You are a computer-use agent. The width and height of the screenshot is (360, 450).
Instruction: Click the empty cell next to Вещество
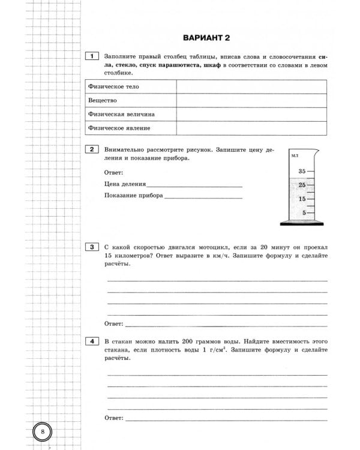click(251, 100)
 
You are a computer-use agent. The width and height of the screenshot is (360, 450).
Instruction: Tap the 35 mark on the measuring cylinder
click(302, 172)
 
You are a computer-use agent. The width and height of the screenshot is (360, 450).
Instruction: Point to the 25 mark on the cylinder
click(302, 185)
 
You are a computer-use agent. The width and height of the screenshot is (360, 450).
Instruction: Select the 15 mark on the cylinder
click(302, 199)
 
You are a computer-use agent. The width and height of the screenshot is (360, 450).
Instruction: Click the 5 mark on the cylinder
click(304, 212)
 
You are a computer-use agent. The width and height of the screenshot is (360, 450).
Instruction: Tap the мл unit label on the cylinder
click(295, 156)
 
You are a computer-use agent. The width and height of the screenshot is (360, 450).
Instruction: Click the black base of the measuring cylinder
click(301, 224)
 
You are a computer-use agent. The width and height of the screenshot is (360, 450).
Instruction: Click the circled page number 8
click(43, 431)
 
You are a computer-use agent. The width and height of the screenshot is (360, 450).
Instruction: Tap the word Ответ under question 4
click(113, 417)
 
